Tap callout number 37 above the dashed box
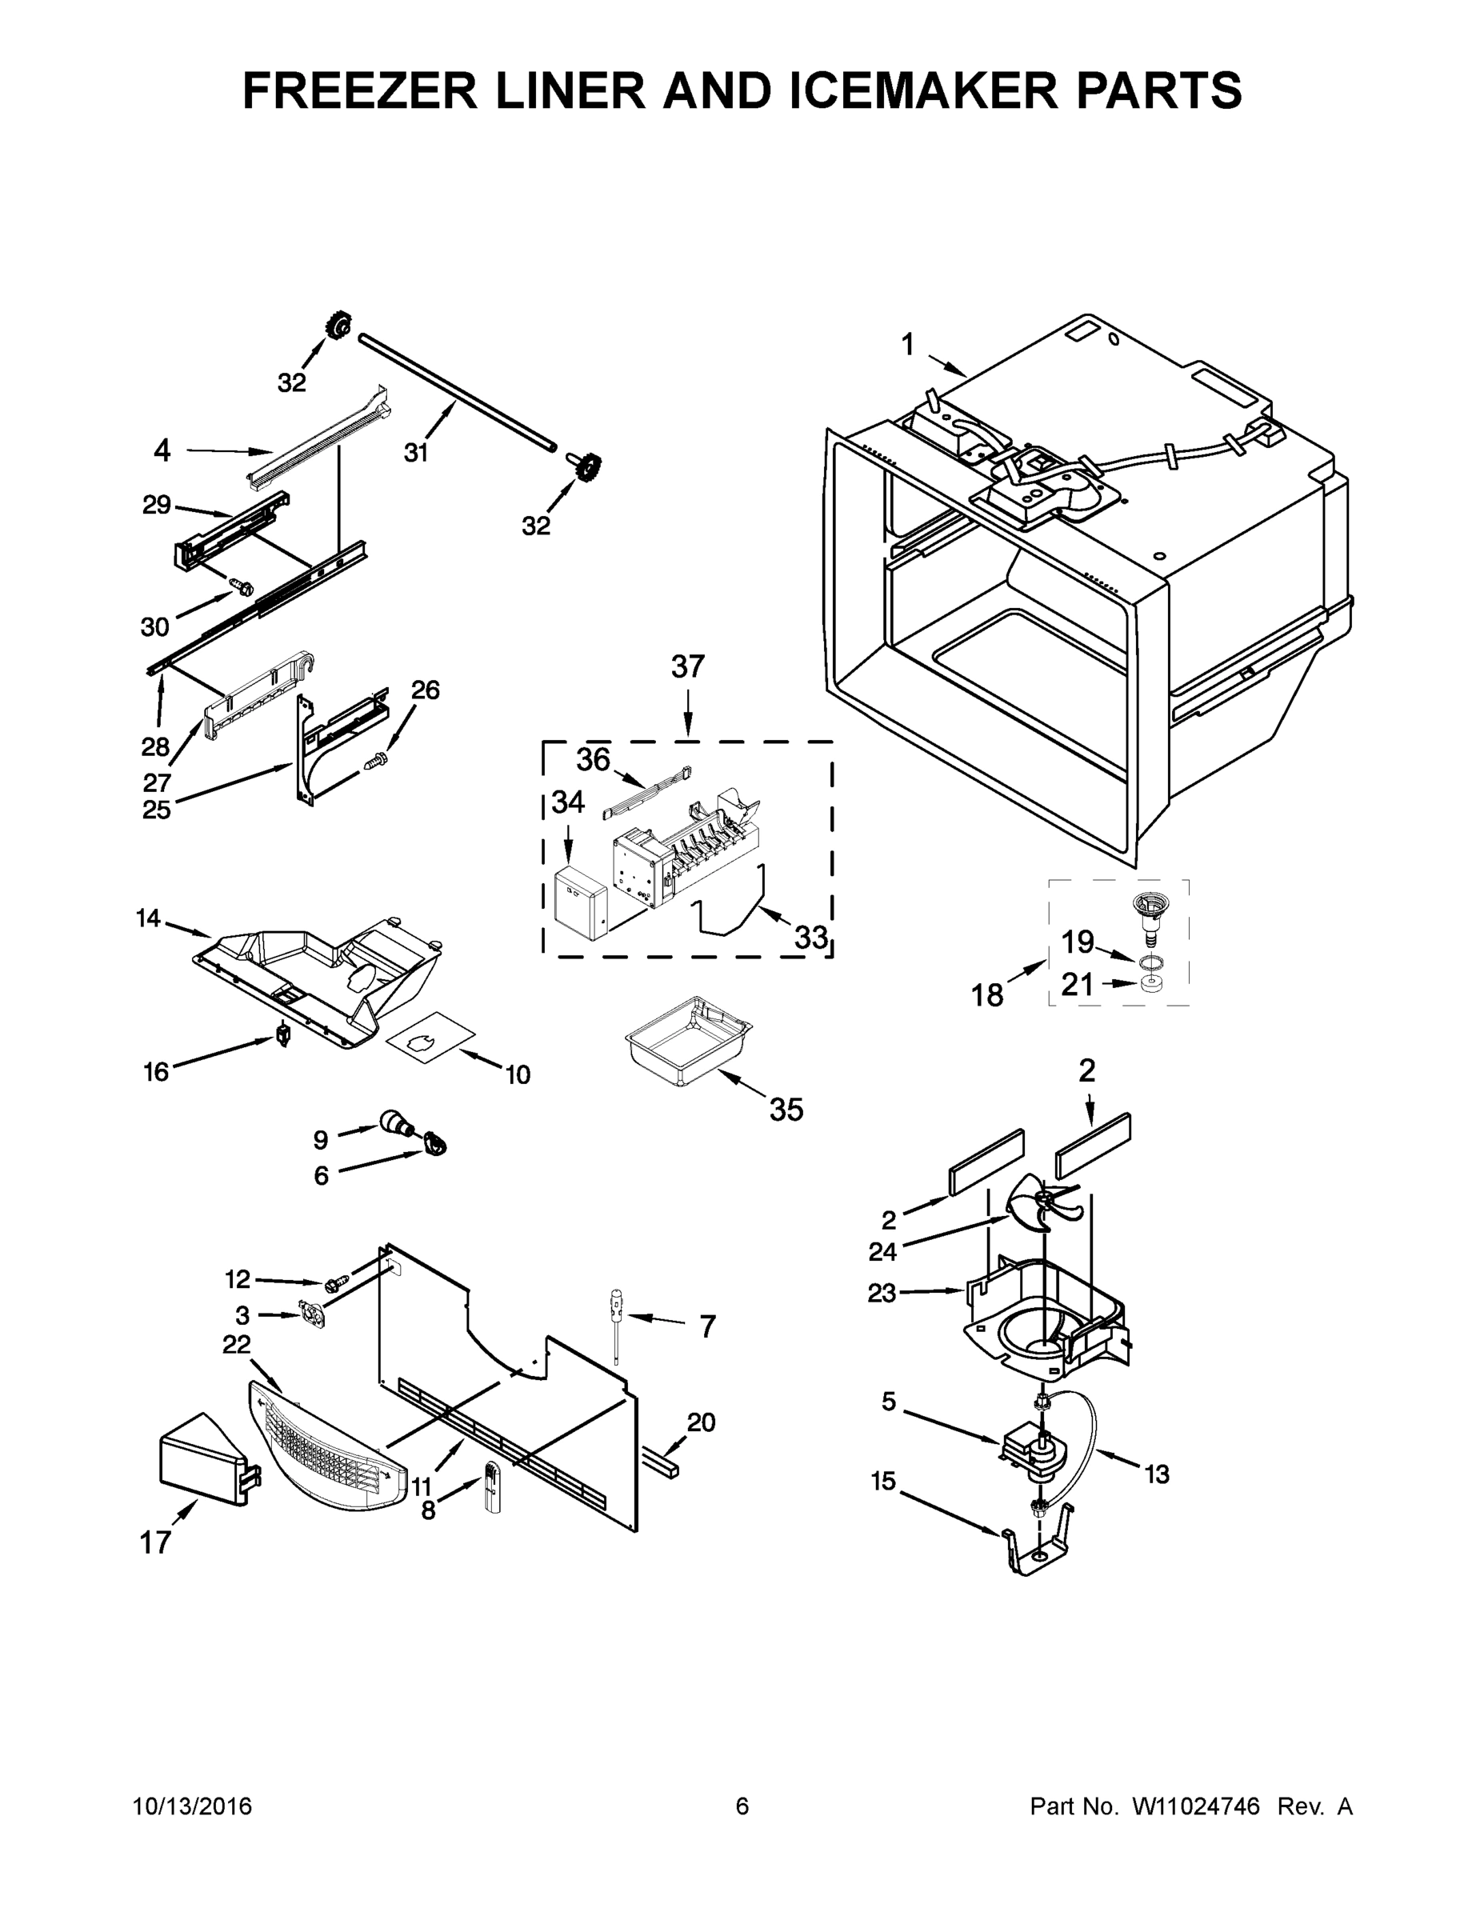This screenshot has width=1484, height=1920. point(687,666)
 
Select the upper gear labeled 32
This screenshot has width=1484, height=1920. point(336,327)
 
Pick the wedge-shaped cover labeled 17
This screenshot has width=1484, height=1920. point(201,1462)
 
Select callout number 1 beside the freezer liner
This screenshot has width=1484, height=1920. point(908,345)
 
